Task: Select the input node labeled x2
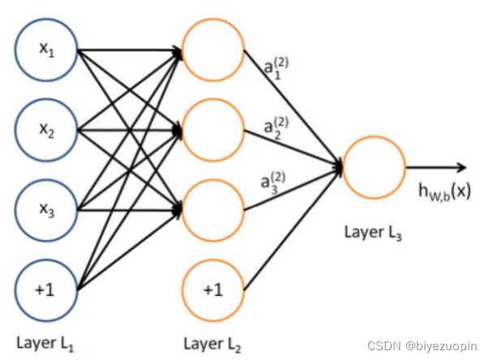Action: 46,130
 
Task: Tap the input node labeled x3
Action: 46,208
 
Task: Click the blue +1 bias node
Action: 46,288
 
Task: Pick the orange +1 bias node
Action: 213,288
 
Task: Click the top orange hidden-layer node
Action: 213,50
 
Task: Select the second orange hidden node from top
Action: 213,130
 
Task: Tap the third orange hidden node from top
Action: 213,208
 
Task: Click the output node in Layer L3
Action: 374,169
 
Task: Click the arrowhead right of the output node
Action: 462,168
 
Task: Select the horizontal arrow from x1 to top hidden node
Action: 130,53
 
